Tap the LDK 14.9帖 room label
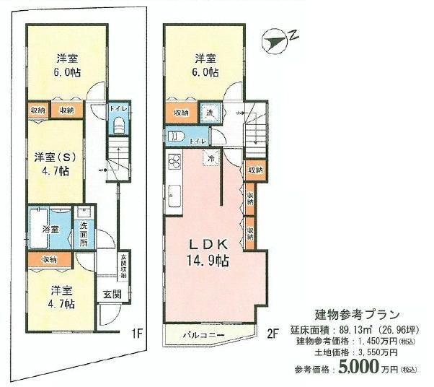point(205,253)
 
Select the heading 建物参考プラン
point(358,315)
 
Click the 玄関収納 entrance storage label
point(123,268)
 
